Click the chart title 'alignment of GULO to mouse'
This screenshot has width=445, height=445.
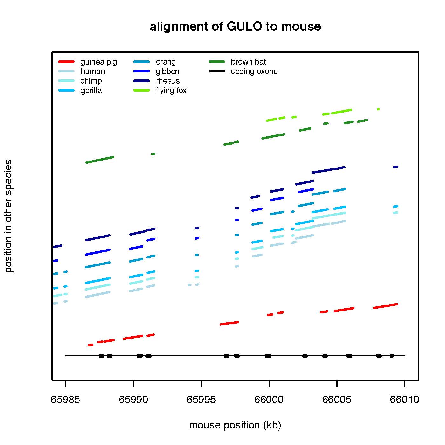[x=235, y=27]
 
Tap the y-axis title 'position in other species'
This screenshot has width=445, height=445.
[x=9, y=216]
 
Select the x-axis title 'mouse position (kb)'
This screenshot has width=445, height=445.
[x=235, y=425]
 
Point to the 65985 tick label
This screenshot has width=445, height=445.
[x=65, y=400]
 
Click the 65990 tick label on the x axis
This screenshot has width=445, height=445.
[x=133, y=400]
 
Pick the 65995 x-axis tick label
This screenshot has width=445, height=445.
[x=201, y=400]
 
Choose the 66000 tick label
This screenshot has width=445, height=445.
[x=269, y=400]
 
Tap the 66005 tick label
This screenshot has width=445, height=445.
[x=337, y=400]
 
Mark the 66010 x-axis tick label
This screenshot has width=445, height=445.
[x=404, y=400]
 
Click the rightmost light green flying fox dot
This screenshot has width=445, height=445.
[x=378, y=109]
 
